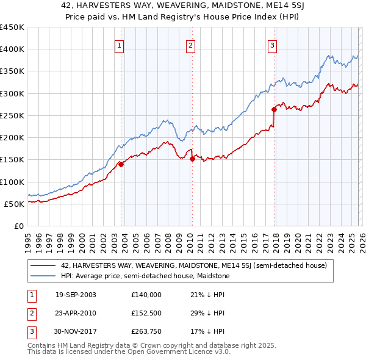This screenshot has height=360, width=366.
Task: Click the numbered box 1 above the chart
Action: click(x=119, y=45)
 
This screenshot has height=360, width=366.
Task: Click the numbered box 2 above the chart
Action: click(x=190, y=45)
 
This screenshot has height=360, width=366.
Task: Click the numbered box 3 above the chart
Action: click(x=272, y=45)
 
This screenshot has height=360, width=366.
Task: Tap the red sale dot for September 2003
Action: click(x=121, y=164)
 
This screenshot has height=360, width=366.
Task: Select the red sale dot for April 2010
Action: click(x=192, y=159)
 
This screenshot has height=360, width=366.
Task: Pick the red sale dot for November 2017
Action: click(x=274, y=110)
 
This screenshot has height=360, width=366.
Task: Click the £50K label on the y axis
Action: click(x=15, y=204)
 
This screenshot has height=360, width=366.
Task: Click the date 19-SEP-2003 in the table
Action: click(x=76, y=295)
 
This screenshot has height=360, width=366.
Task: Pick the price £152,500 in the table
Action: click(x=146, y=313)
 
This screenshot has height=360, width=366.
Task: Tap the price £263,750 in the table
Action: click(x=146, y=331)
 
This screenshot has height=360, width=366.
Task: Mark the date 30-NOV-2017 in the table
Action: click(x=76, y=331)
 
